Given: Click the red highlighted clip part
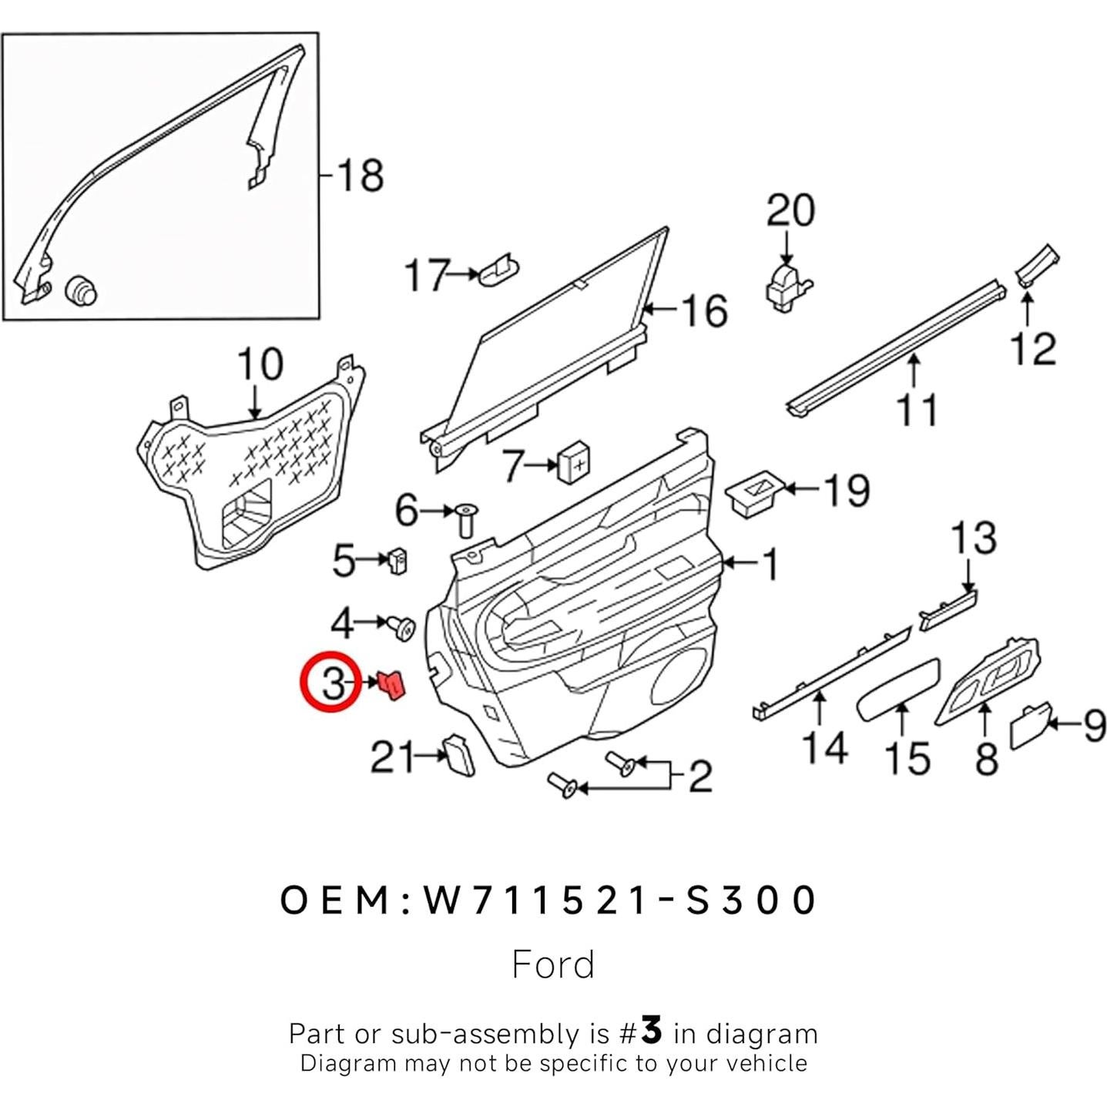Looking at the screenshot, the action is click(393, 684).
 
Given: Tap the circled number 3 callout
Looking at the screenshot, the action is click(331, 683).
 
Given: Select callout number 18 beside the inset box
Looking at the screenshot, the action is click(360, 176).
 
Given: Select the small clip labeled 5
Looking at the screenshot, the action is click(398, 561).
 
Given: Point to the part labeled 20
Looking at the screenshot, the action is click(787, 287).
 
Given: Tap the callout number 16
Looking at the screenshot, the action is click(704, 310).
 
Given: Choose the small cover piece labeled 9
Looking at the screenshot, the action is click(1028, 728).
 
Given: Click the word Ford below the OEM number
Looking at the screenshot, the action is click(553, 964).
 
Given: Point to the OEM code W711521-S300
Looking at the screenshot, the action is click(548, 900).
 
